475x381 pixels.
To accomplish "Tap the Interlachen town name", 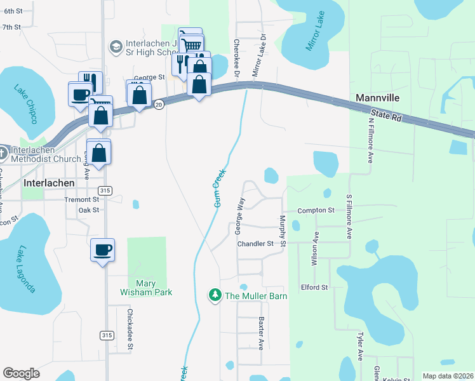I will point(49,182).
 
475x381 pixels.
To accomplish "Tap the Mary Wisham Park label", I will point(146,288).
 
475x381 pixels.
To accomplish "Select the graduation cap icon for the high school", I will point(116,46).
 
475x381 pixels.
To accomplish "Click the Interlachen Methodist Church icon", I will point(3,152).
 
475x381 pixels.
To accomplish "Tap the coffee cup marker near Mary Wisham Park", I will point(102,250).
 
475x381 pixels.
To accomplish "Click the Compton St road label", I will point(316,210).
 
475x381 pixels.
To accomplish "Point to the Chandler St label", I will point(255,243).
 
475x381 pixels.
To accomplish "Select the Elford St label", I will point(314,288).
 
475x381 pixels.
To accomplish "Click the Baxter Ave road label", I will point(260,334).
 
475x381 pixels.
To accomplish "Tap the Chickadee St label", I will point(129,329).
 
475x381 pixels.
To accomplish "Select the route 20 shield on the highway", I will point(159,105).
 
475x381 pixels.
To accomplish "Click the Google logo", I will point(22,373).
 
